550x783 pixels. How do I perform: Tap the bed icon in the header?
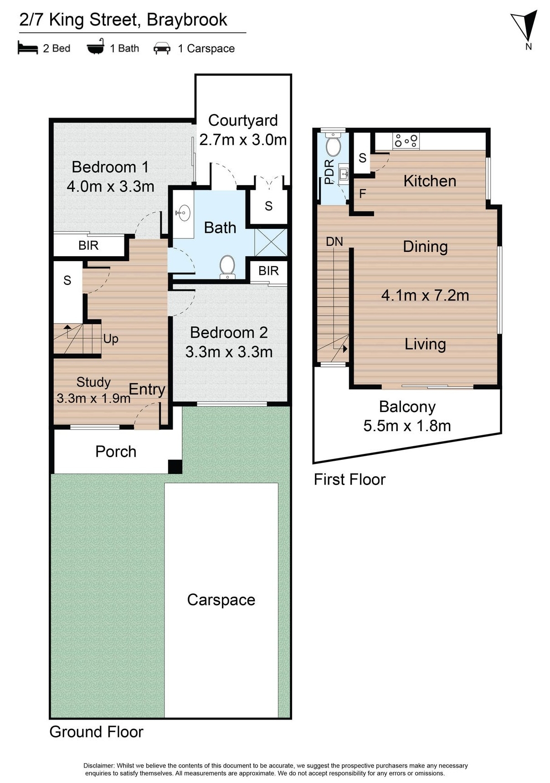point(27,48)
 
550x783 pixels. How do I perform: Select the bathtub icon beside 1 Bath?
point(96,47)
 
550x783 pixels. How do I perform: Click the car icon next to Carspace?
point(162,48)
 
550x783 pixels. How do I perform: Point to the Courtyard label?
point(243,120)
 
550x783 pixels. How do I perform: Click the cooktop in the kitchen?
point(406,140)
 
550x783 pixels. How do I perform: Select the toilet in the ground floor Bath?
point(227,266)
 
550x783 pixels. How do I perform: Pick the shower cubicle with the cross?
point(271,242)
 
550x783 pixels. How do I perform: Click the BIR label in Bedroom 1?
point(88,246)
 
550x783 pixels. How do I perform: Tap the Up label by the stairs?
point(111,339)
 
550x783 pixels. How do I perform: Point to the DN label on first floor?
point(334,242)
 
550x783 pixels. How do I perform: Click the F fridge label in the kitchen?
point(363,194)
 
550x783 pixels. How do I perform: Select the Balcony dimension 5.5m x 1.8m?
point(407,426)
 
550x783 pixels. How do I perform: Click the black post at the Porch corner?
point(175,466)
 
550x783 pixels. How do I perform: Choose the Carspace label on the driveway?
point(221,600)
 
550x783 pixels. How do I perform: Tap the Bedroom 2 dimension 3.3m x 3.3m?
point(229,352)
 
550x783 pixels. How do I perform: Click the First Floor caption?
point(350,479)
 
